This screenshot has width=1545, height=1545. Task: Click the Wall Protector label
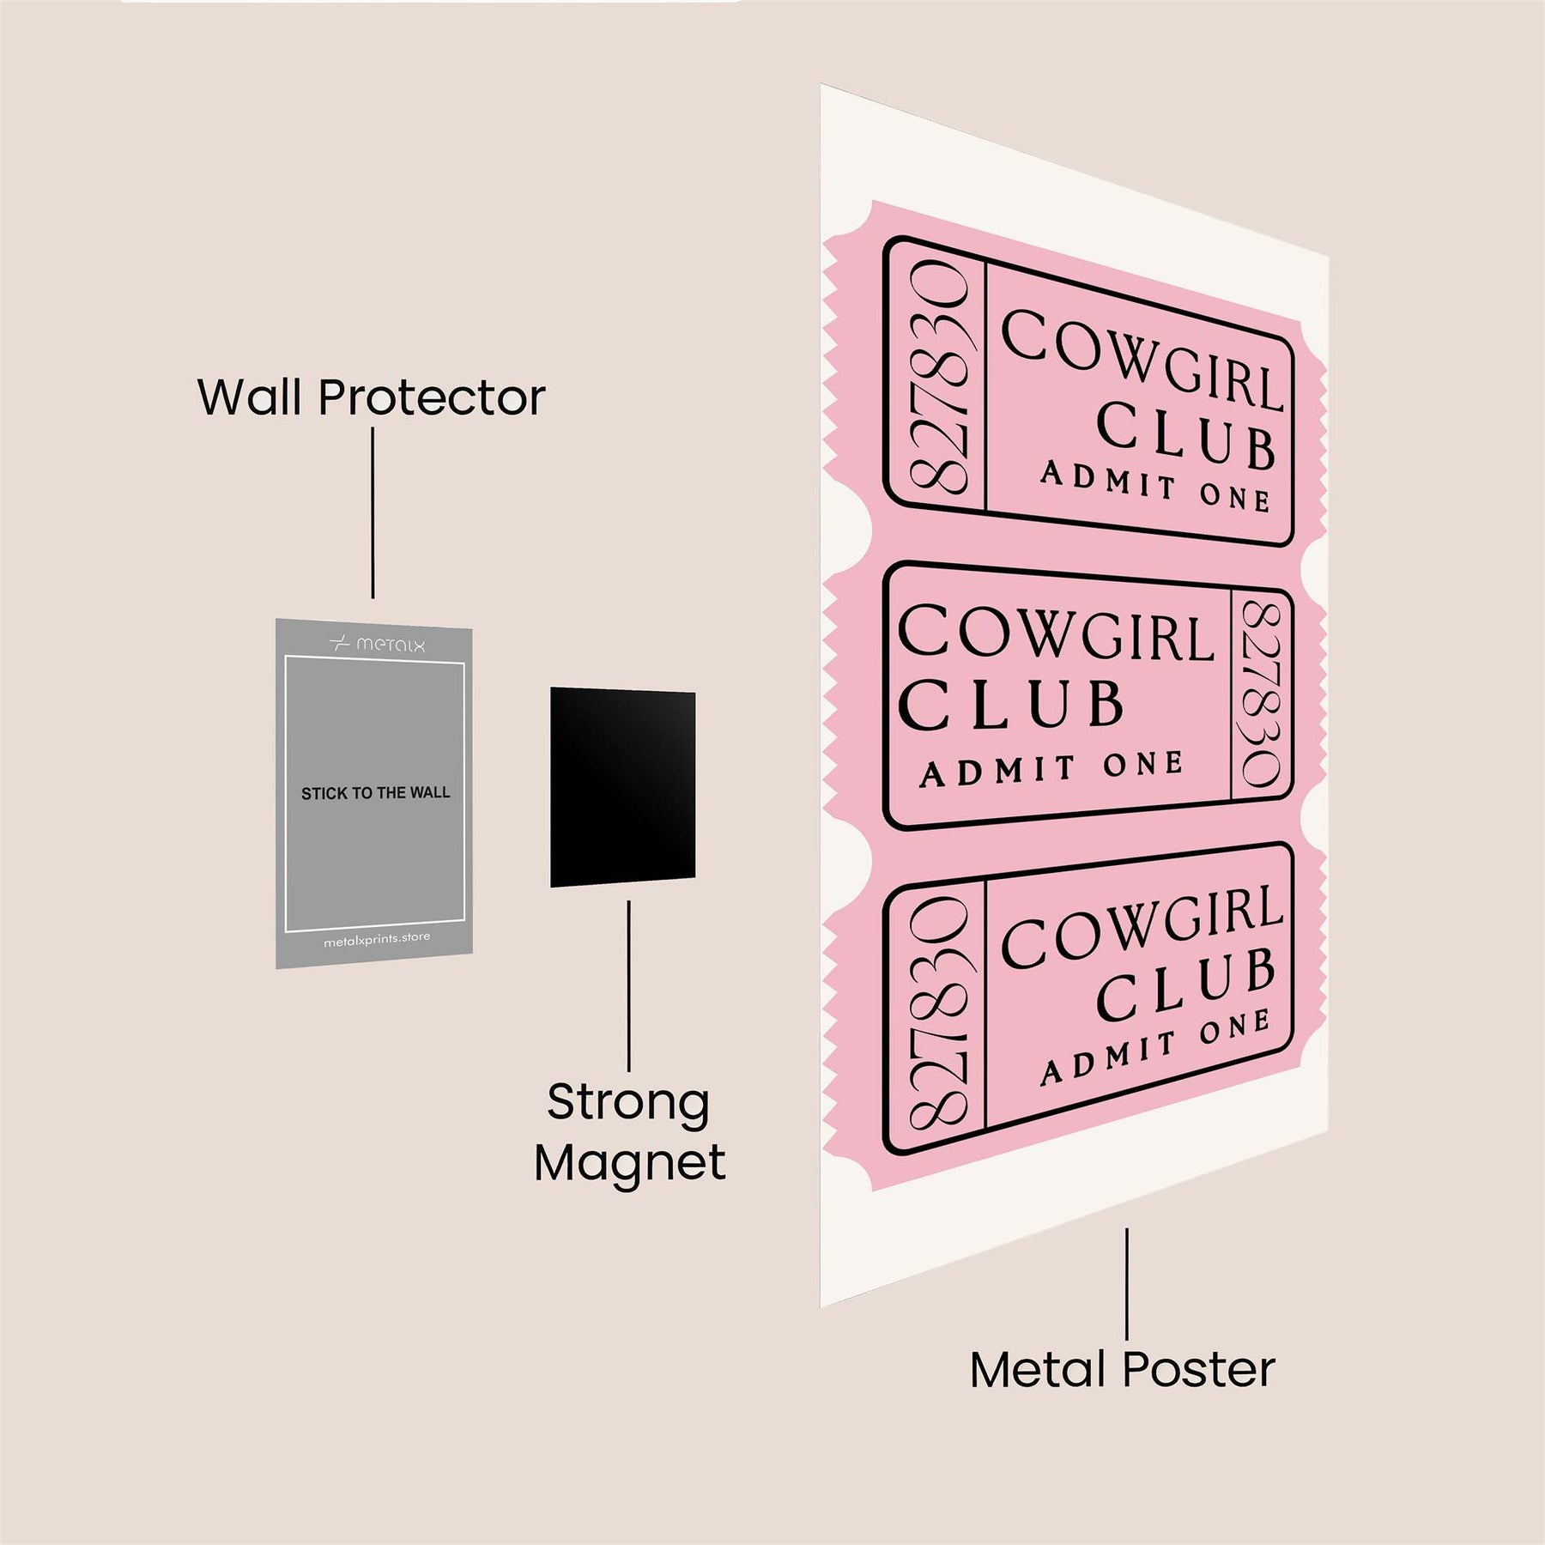[372, 397]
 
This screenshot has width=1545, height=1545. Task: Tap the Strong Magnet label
[629, 1132]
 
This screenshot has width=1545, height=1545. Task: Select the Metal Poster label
[1122, 1370]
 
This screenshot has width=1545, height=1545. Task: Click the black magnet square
[622, 787]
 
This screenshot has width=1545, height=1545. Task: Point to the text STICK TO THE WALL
[375, 793]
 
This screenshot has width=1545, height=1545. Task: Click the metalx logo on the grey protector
[377, 644]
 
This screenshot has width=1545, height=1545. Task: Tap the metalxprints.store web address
[377, 940]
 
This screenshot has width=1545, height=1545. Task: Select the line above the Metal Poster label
[1126, 1283]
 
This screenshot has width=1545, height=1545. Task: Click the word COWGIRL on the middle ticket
[1056, 634]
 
